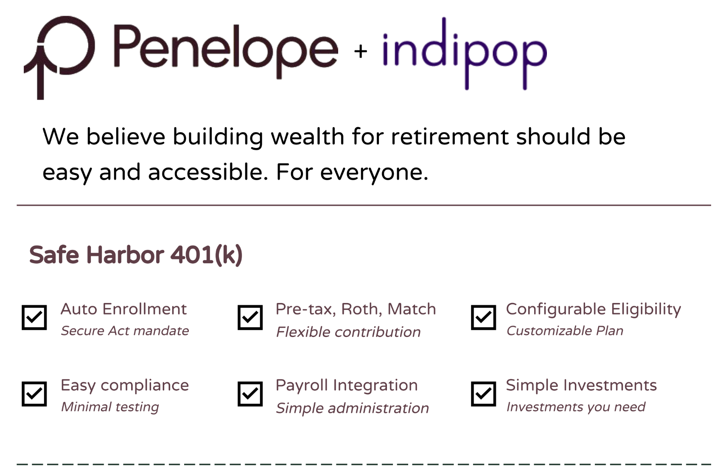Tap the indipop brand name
465,53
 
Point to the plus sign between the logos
361,52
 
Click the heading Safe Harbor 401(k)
136,255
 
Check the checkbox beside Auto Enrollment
34,317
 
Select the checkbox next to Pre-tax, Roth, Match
250,317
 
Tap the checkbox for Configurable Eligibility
484,317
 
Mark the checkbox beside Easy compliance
34,394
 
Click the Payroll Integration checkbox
250,394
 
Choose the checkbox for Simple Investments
484,394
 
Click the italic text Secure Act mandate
125,331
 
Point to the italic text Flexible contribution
348,332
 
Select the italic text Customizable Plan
565,331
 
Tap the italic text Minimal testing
110,407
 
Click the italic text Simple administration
353,408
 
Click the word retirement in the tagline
450,137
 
